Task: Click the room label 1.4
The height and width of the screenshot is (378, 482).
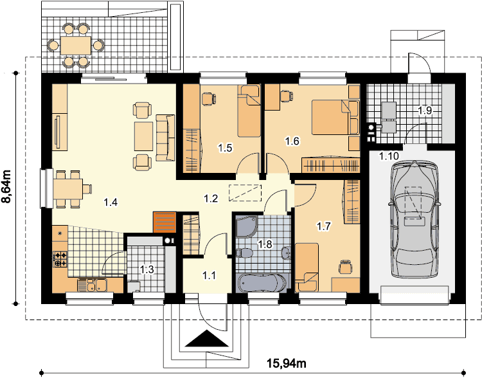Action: [x=111, y=203]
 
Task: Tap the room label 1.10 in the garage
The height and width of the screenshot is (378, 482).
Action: [x=389, y=156]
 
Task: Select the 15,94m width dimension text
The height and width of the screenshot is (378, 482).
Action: [x=286, y=364]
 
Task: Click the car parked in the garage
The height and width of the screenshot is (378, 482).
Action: [x=415, y=219]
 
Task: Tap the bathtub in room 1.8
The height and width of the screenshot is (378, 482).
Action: [x=262, y=283]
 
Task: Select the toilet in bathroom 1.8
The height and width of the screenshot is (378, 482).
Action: [x=244, y=253]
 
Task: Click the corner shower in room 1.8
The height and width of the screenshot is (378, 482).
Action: [x=247, y=226]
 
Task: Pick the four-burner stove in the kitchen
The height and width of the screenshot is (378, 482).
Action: [x=60, y=259]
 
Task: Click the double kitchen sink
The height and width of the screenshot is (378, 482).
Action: [x=92, y=285]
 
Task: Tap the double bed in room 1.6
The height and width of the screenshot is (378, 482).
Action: [x=335, y=117]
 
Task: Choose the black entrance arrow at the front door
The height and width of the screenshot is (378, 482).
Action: [x=207, y=339]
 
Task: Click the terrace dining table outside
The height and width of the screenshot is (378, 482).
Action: [x=76, y=46]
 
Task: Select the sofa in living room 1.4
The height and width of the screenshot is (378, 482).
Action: [x=165, y=138]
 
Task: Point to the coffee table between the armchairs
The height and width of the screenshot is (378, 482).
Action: [x=143, y=136]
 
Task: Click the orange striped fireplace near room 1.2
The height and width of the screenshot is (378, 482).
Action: [x=165, y=222]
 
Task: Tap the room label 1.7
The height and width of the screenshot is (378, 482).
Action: [x=323, y=227]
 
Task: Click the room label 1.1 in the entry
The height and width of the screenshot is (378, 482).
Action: [x=209, y=275]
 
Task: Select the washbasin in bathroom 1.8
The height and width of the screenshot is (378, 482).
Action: [x=286, y=253]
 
